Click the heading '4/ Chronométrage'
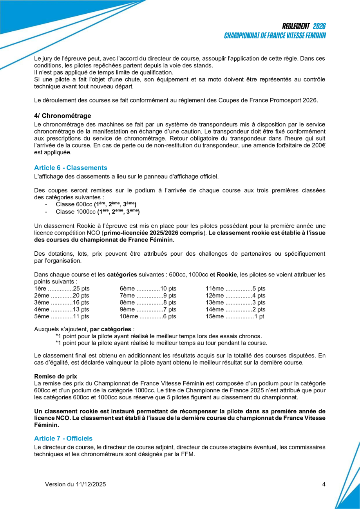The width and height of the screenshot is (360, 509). point(63,116)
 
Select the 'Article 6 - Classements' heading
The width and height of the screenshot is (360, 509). point(71,168)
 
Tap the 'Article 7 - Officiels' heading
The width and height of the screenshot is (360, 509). point(63,438)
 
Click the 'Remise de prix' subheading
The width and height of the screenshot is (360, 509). point(56,376)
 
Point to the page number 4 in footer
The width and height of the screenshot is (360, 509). point(324,484)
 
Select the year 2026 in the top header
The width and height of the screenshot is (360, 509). point(320,26)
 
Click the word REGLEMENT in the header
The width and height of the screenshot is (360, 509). point(296,26)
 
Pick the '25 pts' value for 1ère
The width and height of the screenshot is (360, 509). point(81,289)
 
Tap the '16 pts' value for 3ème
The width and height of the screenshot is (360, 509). point(81,303)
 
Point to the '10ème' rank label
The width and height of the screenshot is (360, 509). point(129,317)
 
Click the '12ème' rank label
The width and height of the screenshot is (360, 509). point(215,296)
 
